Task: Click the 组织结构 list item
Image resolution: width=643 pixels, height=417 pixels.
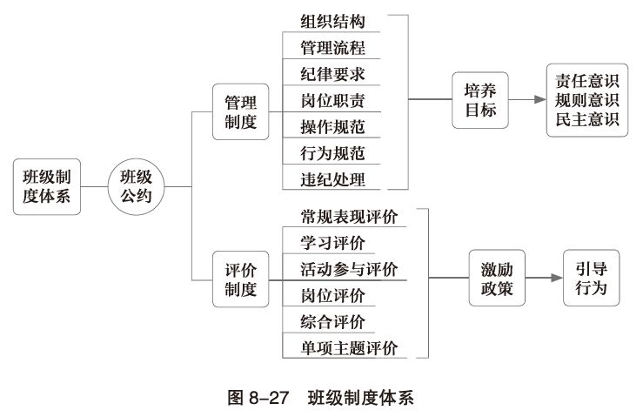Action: (x=333, y=22)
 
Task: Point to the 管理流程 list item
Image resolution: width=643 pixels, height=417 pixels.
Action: (x=333, y=47)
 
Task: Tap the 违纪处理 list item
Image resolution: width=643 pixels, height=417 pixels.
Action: (x=333, y=179)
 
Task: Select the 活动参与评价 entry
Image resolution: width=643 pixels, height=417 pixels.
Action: (x=349, y=268)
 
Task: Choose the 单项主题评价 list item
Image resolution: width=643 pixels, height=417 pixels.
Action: (x=349, y=348)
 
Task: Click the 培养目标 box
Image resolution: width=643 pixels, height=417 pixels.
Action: (x=480, y=100)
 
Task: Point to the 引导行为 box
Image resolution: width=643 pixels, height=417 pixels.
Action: (x=591, y=277)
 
